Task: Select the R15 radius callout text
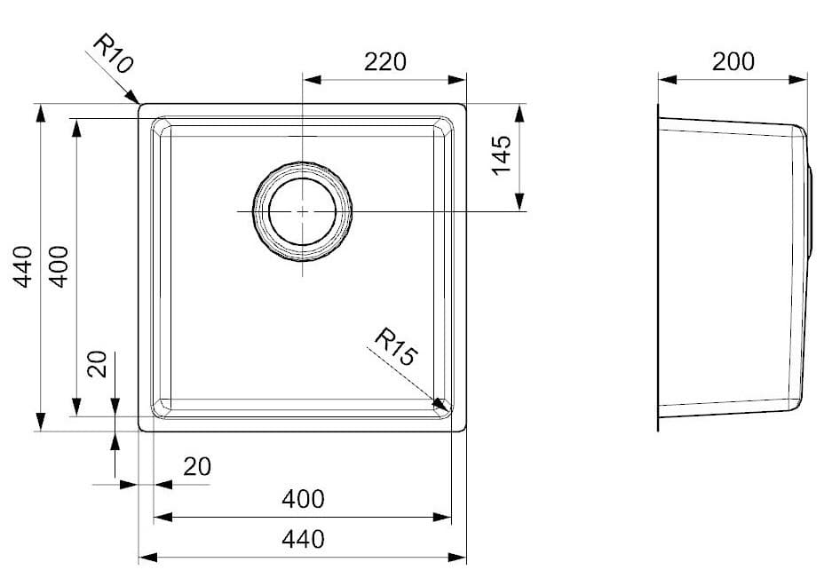click(x=395, y=348)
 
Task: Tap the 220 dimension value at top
click(x=385, y=62)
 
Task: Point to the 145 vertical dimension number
click(x=503, y=155)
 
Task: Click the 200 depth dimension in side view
click(x=733, y=61)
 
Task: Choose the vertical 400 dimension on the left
click(x=59, y=266)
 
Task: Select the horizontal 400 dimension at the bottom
click(x=303, y=500)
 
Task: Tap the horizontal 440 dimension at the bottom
click(x=303, y=538)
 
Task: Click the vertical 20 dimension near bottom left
click(x=99, y=364)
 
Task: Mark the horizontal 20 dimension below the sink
click(x=197, y=467)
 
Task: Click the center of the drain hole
click(x=303, y=211)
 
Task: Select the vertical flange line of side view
click(x=658, y=266)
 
